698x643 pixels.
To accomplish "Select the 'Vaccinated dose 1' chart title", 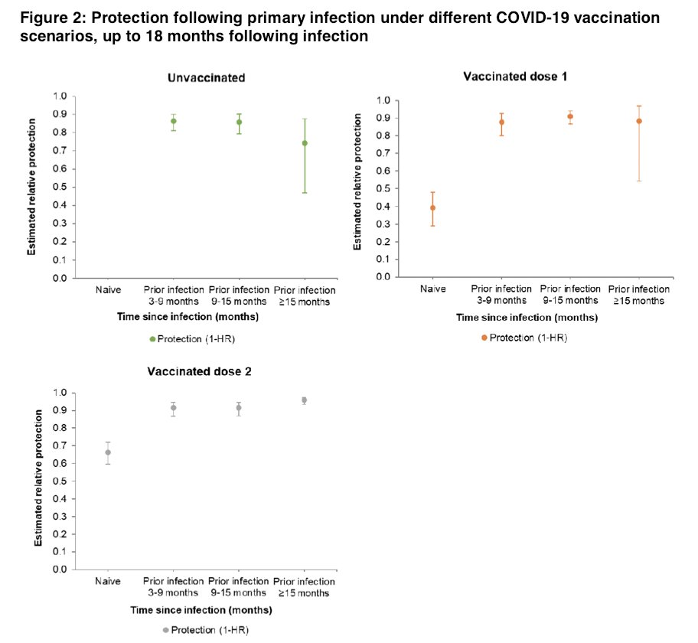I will point(514,76).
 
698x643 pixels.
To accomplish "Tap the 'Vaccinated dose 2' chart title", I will point(199,372).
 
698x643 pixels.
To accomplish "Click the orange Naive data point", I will point(432,207).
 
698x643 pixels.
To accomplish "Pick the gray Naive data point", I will point(108,452).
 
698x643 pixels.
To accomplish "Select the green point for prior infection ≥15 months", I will point(305,143).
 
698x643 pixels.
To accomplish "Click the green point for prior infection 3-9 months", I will point(173,121).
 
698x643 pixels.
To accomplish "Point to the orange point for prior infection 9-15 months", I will point(570,116).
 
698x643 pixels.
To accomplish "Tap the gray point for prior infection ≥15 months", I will point(305,400).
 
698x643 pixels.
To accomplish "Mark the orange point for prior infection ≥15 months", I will point(639,121).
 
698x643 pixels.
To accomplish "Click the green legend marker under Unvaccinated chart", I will point(152,339).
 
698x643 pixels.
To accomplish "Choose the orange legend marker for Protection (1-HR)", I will point(484,338).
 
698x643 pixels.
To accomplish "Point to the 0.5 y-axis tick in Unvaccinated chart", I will point(59,187).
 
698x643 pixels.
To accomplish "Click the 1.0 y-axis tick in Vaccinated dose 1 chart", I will point(383,100).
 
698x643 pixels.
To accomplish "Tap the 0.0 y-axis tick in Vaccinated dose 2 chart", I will point(59,570).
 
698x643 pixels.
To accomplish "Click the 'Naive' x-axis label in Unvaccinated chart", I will point(107,291).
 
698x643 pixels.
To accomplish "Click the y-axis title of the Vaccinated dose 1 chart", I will point(358,188).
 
